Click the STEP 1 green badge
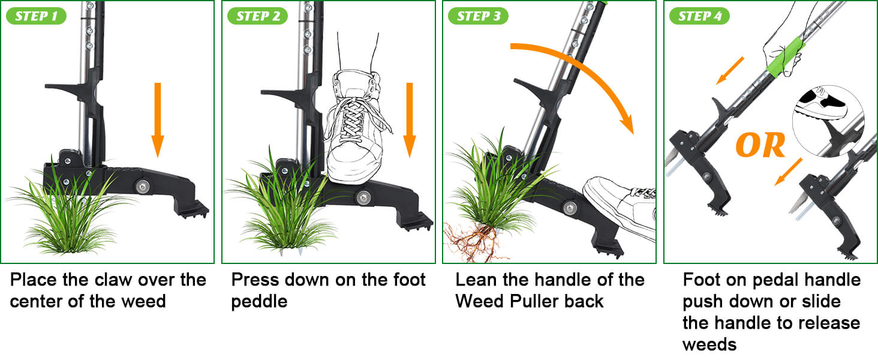click(36, 16)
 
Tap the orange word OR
click(760, 145)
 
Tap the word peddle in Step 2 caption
click(259, 301)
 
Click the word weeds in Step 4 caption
click(709, 344)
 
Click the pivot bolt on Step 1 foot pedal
click(143, 185)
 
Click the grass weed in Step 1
click(66, 210)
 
